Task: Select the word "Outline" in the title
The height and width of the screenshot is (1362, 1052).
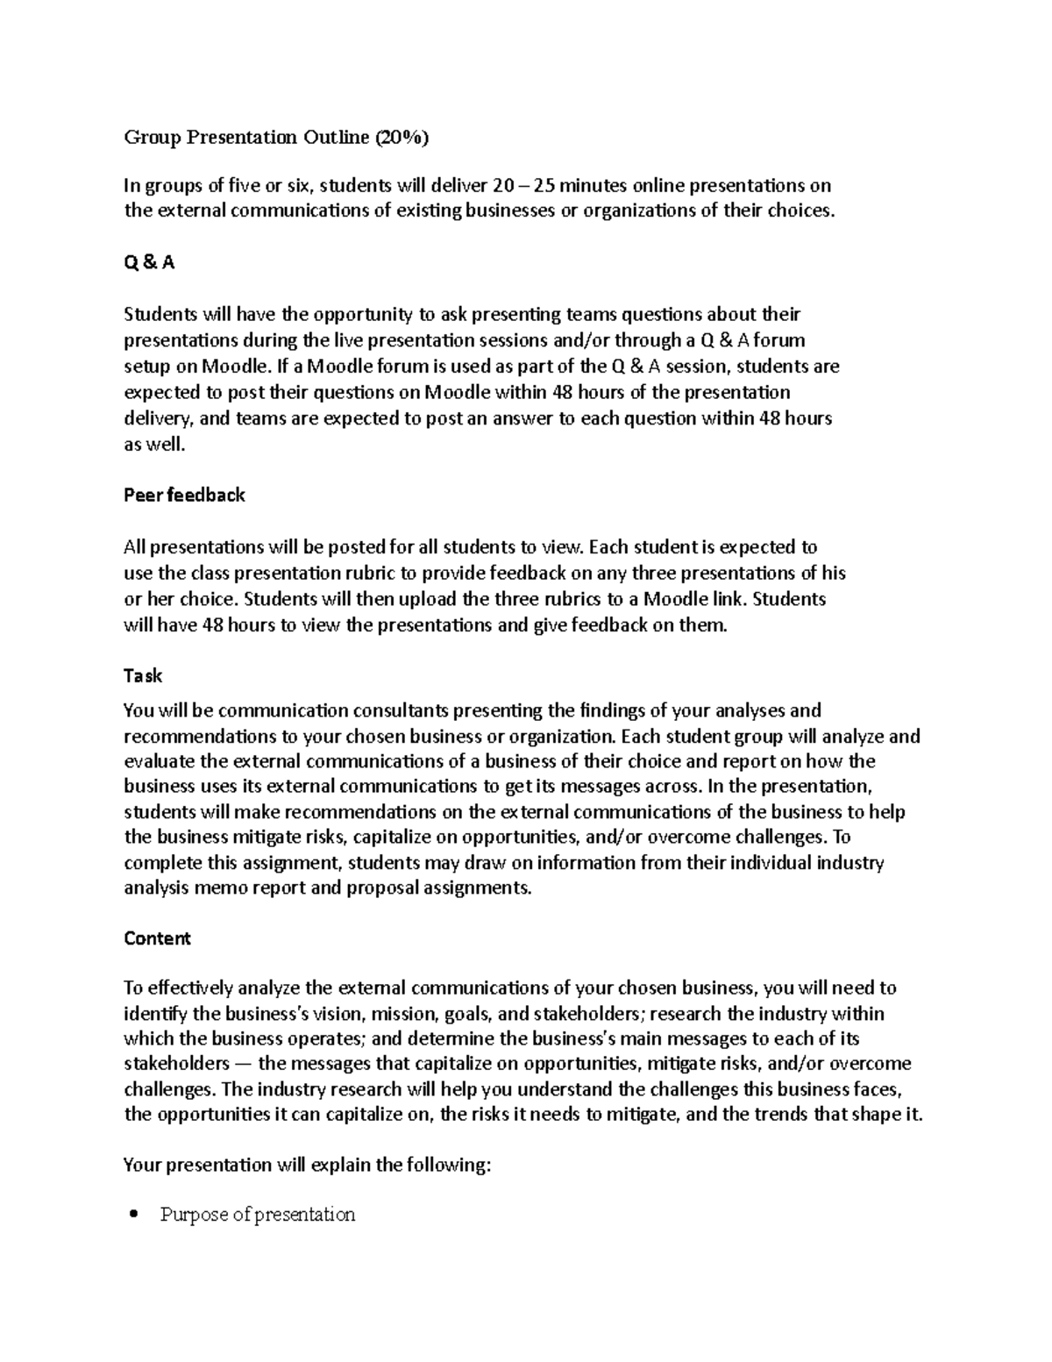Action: (x=336, y=137)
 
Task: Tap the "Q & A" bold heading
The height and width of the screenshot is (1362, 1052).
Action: (x=149, y=262)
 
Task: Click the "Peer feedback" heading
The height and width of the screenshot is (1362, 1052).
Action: (x=184, y=495)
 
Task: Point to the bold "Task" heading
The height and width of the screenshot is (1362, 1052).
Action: (x=143, y=676)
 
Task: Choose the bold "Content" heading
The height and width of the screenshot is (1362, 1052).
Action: (x=157, y=938)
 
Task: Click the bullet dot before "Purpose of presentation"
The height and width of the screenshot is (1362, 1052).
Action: (x=133, y=1215)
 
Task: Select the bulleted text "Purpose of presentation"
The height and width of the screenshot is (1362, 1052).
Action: (x=257, y=1215)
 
